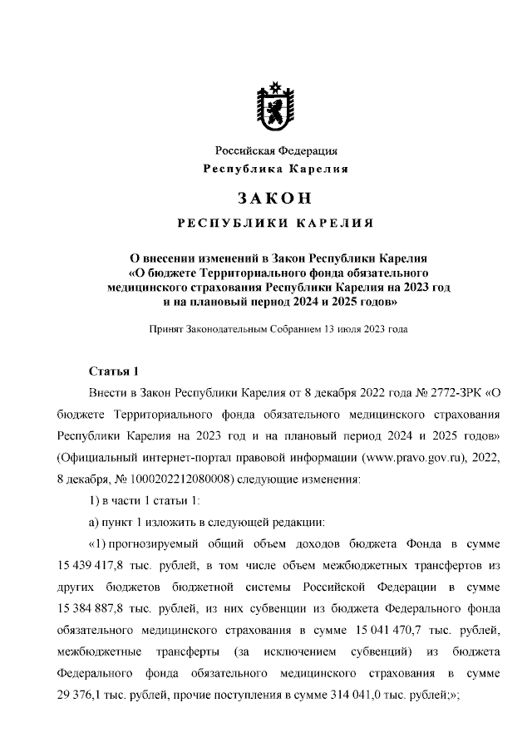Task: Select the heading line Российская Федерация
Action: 276,150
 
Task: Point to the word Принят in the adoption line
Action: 165,329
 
